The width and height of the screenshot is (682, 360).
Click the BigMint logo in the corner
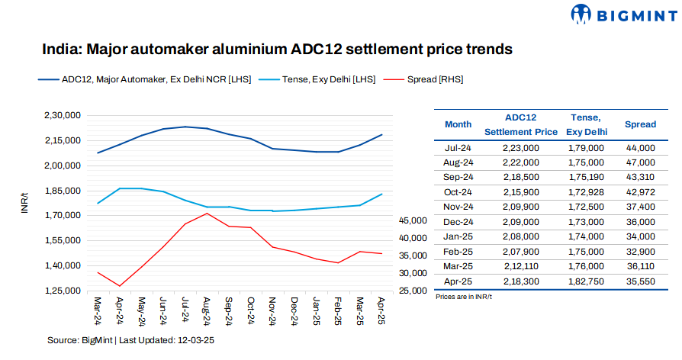[x=621, y=14]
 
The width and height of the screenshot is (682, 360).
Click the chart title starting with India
[x=276, y=50]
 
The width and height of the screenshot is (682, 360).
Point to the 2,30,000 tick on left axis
[x=63, y=116]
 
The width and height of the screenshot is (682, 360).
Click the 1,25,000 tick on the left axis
[x=63, y=291]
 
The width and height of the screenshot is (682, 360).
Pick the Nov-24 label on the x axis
[x=272, y=310]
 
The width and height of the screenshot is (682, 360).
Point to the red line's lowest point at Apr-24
[x=120, y=286]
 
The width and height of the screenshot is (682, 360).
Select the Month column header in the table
[x=458, y=124]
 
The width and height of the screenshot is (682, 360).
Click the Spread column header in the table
[x=639, y=124]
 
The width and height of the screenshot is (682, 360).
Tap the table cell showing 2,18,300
[x=521, y=281]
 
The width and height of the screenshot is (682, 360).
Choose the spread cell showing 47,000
[x=639, y=162]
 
